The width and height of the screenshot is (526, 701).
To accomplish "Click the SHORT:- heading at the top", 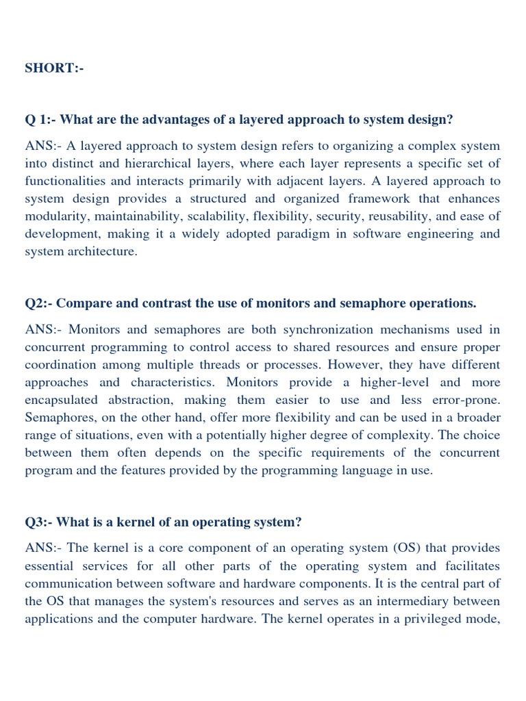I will pos(54,68).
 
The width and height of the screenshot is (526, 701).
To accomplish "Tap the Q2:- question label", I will pos(39,303).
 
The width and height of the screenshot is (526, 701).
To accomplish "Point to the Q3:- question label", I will pos(39,522).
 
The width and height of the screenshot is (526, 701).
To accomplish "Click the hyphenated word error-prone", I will pos(461,400).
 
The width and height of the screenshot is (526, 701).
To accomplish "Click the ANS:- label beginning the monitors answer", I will pos(44,329).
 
